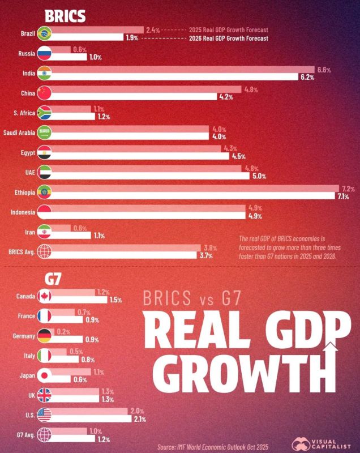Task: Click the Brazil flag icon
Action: (x=44, y=33)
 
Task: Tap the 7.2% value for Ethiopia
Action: (x=347, y=188)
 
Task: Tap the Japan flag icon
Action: (x=44, y=375)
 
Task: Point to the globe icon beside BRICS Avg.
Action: (x=44, y=252)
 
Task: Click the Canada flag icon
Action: (x=44, y=296)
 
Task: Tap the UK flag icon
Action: (x=44, y=395)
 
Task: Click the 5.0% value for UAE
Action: (x=258, y=176)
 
